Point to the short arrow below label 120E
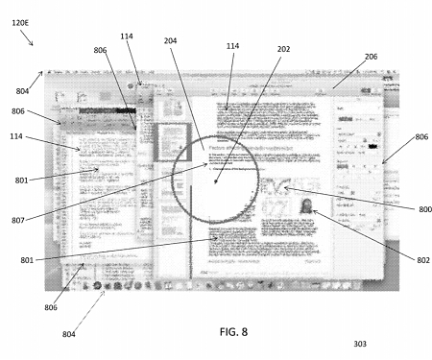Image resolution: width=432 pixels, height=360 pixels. (x=29, y=39)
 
